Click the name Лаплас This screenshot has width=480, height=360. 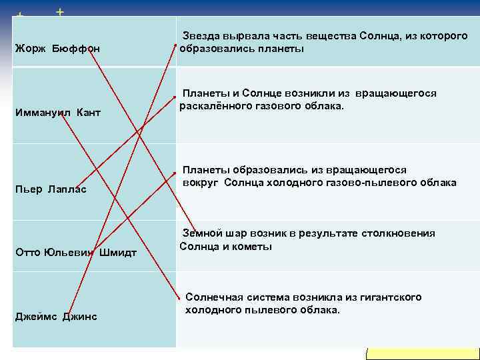pyautogui.click(x=67, y=189)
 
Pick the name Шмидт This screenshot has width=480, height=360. pyautogui.click(x=118, y=252)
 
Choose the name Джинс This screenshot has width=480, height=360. pyautogui.click(x=80, y=316)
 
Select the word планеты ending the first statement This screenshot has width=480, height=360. pyautogui.click(x=282, y=49)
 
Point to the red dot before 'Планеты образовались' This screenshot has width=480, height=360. pyautogui.click(x=177, y=171)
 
